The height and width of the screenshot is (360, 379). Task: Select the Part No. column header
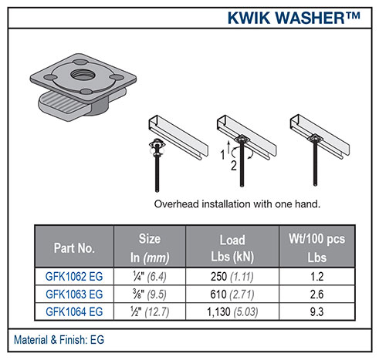click(74, 249)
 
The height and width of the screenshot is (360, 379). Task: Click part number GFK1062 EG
click(74, 278)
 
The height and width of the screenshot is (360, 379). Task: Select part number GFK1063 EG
click(74, 294)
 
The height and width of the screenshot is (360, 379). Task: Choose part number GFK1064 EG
click(74, 310)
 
